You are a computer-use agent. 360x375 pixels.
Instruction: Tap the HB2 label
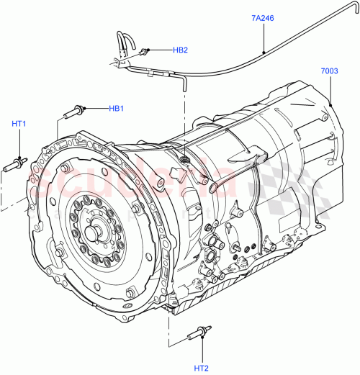point(179,50)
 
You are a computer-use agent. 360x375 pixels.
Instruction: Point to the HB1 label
point(117,109)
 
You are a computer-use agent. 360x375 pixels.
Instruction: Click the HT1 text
point(19,124)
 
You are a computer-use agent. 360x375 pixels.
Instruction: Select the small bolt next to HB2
point(145,51)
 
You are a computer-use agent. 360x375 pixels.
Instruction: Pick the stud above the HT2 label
point(197,332)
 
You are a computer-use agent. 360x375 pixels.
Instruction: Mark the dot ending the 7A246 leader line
point(264,52)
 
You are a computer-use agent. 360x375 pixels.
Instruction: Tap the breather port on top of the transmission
point(184,156)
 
